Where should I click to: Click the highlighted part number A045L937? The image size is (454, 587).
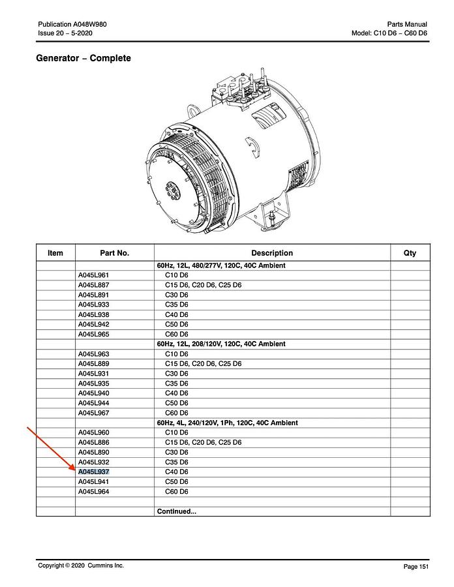click(x=93, y=472)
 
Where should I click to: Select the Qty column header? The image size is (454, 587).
click(x=410, y=253)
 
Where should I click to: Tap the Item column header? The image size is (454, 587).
click(x=55, y=253)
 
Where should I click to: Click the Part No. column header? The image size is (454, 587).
click(x=114, y=253)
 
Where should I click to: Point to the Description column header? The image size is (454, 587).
click(x=272, y=253)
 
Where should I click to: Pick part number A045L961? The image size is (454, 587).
click(x=93, y=275)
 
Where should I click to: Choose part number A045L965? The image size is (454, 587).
click(x=93, y=334)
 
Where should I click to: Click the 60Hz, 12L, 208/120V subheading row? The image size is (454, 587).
click(x=221, y=344)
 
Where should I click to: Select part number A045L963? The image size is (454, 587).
click(x=93, y=354)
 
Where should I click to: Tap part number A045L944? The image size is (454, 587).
click(x=93, y=403)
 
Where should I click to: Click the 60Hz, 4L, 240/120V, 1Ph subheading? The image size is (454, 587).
click(x=228, y=423)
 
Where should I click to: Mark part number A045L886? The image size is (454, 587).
click(x=93, y=442)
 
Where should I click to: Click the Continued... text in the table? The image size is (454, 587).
click(x=176, y=511)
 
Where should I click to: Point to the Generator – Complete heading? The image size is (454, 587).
click(x=83, y=58)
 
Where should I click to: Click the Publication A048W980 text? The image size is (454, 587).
click(x=72, y=24)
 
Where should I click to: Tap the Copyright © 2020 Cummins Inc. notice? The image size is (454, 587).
click(x=80, y=565)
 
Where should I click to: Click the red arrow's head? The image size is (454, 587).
click(x=74, y=468)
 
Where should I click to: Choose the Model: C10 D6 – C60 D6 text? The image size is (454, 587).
click(x=389, y=33)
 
